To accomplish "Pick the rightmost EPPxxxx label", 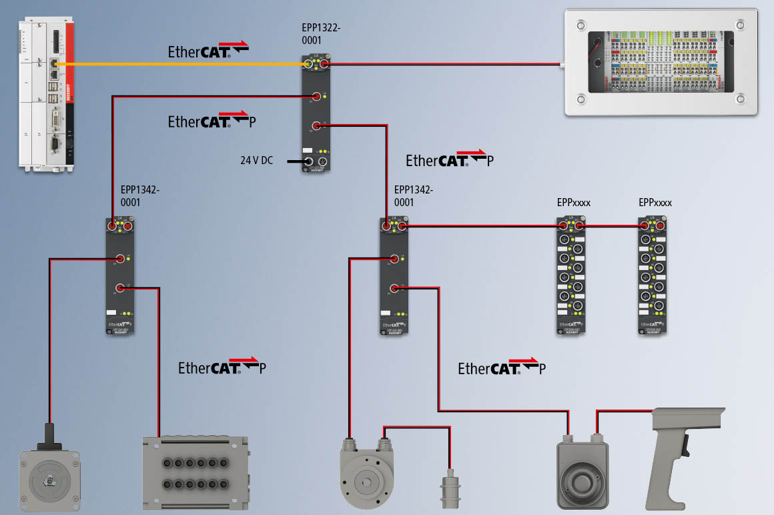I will (x=655, y=203).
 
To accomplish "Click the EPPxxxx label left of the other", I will (x=573, y=203).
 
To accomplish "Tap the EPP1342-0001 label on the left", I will (x=140, y=196).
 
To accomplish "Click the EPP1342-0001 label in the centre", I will (x=413, y=196).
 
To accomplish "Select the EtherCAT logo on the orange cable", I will (x=208, y=51).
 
